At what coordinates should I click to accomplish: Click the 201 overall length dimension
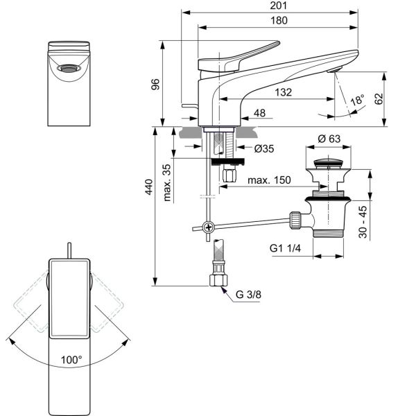279,6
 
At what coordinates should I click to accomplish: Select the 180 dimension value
279,20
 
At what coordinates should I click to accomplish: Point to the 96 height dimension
155,85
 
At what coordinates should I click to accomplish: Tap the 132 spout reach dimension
283,92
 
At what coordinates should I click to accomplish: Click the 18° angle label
357,101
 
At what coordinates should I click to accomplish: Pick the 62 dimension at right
379,98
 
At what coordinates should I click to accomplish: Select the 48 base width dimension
259,113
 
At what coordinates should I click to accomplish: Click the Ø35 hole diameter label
264,148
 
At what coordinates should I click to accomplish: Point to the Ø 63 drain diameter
329,139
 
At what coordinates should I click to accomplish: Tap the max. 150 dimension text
269,180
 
